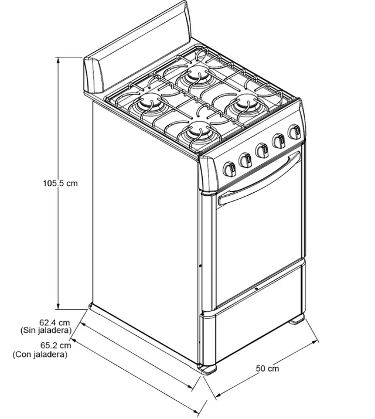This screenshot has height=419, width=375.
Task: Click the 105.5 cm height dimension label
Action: pyautogui.click(x=60, y=183)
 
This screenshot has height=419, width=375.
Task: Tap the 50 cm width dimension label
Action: pyautogui.click(x=267, y=369)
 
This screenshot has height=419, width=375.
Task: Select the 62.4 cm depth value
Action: pyautogui.click(x=54, y=322)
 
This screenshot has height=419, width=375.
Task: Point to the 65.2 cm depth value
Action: pyautogui.click(x=56, y=346)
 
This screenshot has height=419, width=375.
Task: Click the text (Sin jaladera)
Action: pyautogui.click(x=46, y=331)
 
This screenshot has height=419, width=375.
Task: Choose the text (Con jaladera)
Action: pyautogui.click(x=40, y=355)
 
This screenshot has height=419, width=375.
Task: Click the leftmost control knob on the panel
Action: pyautogui.click(x=230, y=169)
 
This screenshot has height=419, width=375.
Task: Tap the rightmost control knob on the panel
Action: pyautogui.click(x=294, y=131)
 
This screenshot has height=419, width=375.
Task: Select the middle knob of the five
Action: pyautogui.click(x=262, y=151)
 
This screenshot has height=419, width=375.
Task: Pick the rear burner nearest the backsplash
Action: pyautogui.click(x=198, y=73)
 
